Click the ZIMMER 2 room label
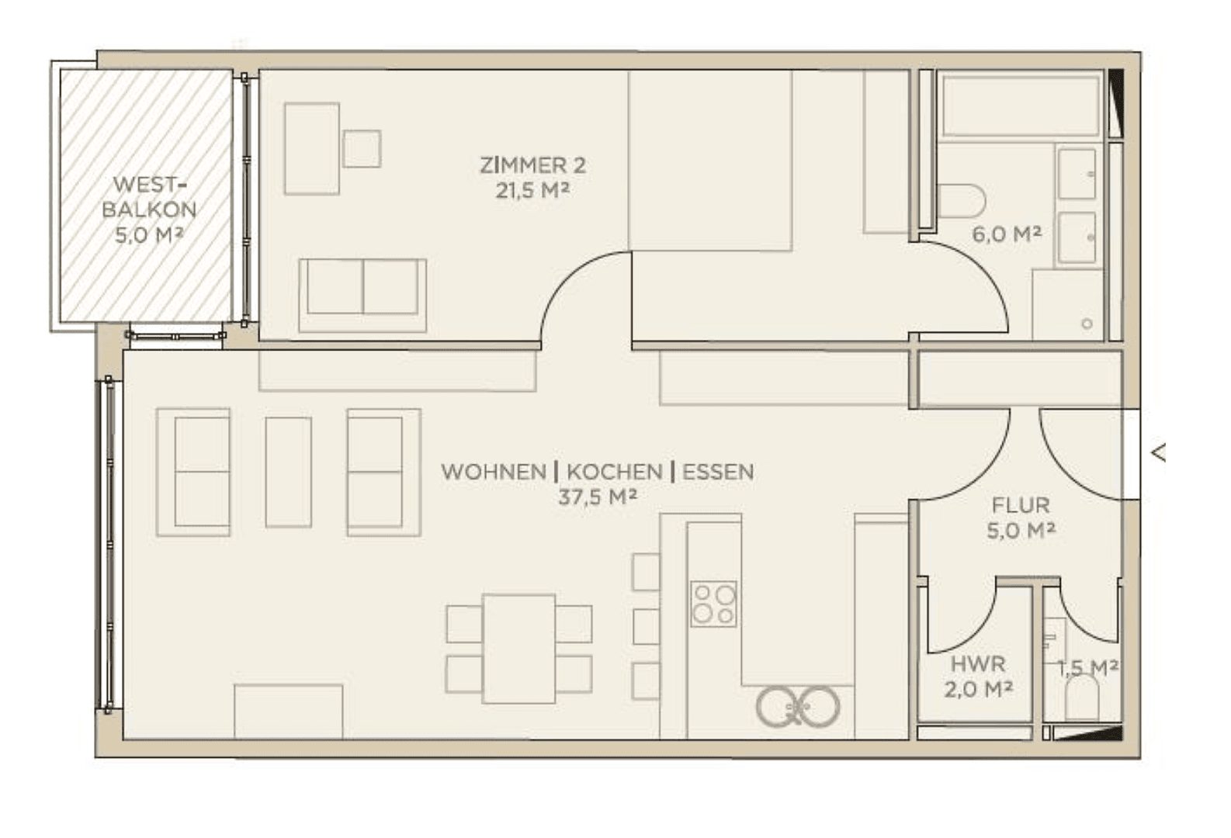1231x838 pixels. tap(532, 165)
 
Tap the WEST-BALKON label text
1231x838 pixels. tap(148, 197)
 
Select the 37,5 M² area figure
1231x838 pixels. tap(597, 497)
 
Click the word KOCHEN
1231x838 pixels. tap(614, 472)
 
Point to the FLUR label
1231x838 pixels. tap(1020, 506)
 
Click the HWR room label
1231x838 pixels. tap(977, 664)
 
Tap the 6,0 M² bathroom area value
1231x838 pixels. tap(1006, 234)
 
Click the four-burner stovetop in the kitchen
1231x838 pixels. tap(714, 604)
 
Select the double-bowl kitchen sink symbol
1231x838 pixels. tap(798, 707)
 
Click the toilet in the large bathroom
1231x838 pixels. tap(960, 201)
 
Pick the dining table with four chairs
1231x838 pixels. tap(518, 649)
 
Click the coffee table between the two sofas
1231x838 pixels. tap(288, 472)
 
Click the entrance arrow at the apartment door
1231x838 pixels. tap(1158, 453)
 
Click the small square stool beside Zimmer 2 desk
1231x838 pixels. tap(362, 149)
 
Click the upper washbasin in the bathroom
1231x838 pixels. tap(1076, 174)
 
